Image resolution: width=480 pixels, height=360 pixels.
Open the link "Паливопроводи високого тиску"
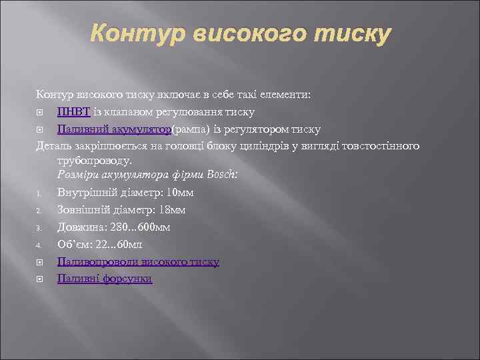138,262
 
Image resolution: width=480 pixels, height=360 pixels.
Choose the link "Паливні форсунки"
105,279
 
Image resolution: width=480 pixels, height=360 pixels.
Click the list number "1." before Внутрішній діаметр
40,194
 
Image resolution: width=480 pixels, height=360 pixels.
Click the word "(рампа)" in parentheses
193,129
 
